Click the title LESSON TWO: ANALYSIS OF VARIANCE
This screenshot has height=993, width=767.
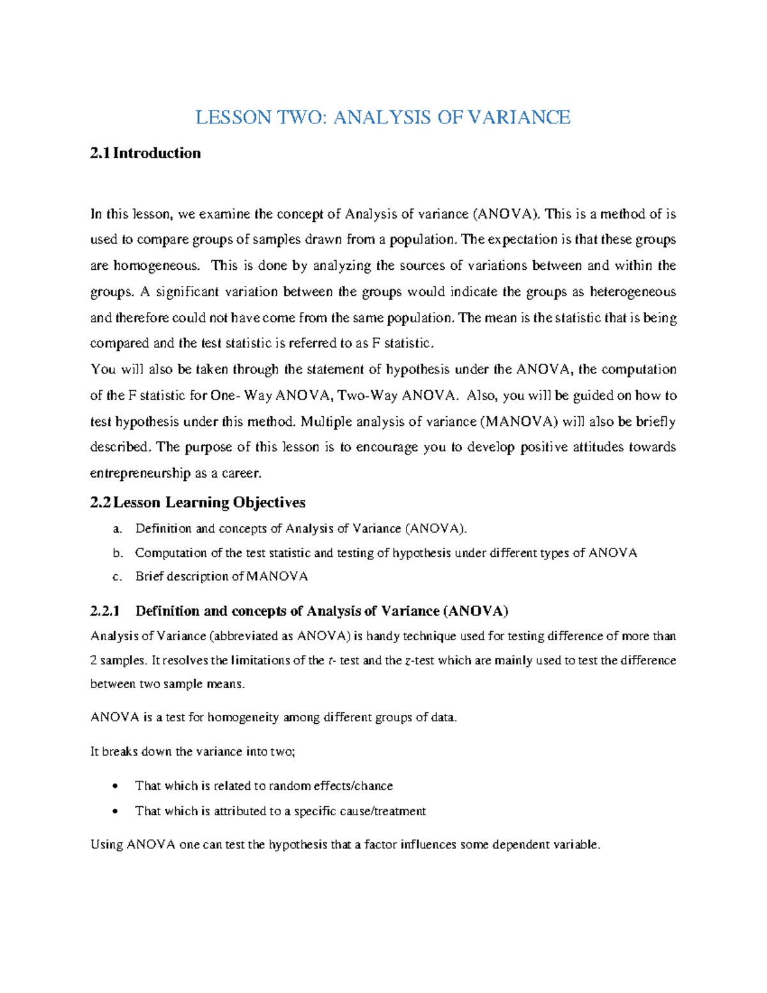(382, 118)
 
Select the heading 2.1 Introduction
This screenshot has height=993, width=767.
(146, 153)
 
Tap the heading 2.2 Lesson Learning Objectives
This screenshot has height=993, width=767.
(198, 503)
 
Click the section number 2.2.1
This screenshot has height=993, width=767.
(105, 611)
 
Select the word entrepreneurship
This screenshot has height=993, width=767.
(140, 474)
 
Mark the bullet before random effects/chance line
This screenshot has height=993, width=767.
(114, 786)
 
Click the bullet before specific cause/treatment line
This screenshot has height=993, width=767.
(114, 811)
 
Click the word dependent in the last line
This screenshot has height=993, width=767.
(512, 845)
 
